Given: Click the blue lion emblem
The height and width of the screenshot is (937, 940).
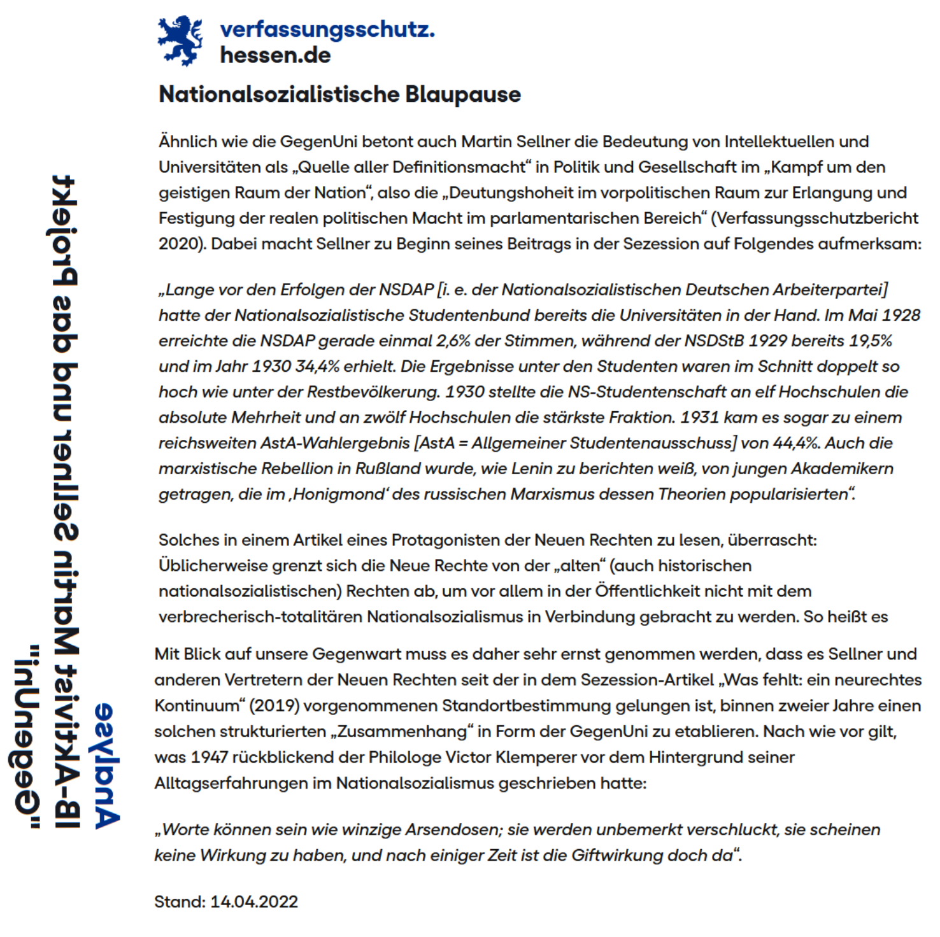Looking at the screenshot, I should pos(180,41).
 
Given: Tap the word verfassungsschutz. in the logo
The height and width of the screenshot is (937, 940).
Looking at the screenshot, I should pos(327,29).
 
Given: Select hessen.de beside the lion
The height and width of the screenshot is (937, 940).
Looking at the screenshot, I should pos(275,55).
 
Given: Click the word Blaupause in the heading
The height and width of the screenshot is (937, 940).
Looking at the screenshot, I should pos(463,94).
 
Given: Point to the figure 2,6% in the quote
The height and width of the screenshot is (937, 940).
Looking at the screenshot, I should pos(453,341).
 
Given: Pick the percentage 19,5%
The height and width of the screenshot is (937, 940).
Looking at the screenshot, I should pos(871,341).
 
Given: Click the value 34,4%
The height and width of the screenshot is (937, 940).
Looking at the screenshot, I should pos(317,367).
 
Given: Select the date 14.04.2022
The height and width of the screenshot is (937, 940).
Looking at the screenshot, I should pos(254,901).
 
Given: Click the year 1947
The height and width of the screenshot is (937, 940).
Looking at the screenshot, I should pos(209,757).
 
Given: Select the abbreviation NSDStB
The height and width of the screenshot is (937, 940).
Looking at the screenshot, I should pos(713,341).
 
